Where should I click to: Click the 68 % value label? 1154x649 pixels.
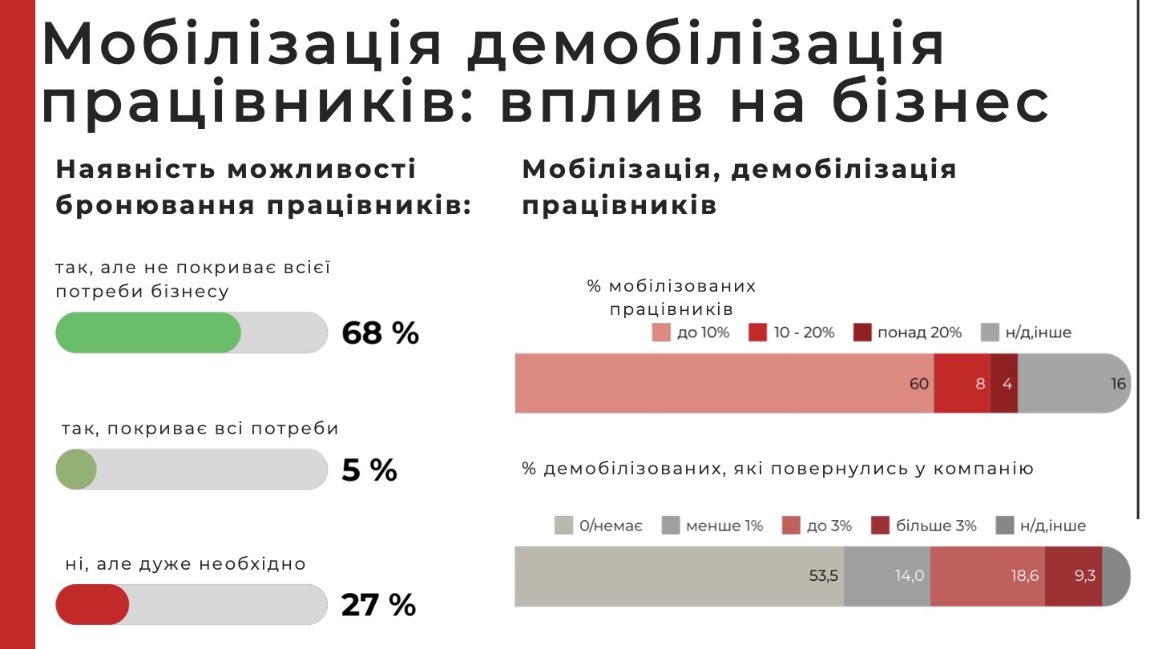click(x=380, y=333)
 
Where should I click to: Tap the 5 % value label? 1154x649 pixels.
click(x=369, y=470)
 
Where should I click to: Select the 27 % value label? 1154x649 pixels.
click(x=378, y=606)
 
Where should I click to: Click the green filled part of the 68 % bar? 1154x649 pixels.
click(x=148, y=333)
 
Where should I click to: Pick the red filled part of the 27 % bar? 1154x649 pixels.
click(x=92, y=605)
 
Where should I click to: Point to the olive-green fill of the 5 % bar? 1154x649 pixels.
click(x=76, y=470)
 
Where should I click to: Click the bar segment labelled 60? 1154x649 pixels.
click(x=724, y=384)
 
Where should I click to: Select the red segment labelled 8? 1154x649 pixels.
click(x=962, y=384)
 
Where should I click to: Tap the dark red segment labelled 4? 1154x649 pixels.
click(x=1004, y=384)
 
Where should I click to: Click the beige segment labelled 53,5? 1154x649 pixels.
click(x=679, y=576)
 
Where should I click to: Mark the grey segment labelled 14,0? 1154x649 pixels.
click(x=887, y=576)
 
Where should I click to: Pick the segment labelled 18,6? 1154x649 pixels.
click(x=987, y=576)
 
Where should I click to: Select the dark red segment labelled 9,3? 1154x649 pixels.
click(x=1074, y=576)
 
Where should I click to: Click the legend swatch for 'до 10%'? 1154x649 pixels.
click(x=661, y=333)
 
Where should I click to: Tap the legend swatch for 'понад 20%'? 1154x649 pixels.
click(x=861, y=333)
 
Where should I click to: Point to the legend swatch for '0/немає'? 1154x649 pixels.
click(x=563, y=526)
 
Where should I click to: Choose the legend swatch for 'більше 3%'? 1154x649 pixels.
click(x=879, y=526)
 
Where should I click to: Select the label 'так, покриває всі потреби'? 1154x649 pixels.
click(x=200, y=429)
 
